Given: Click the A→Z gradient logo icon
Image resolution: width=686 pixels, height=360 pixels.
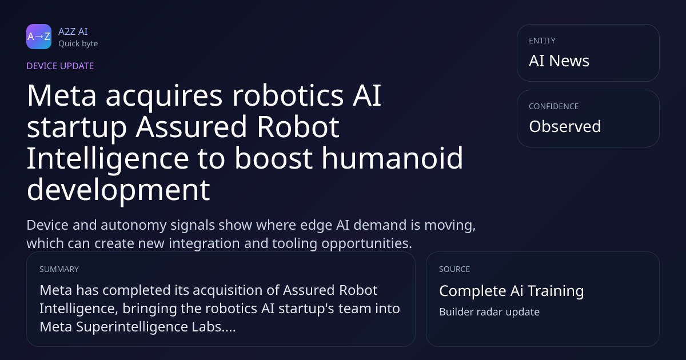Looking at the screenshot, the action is (x=39, y=37).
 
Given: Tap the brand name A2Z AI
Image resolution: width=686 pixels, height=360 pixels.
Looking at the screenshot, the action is (x=73, y=31).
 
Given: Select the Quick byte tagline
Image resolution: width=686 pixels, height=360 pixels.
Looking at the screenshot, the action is (x=78, y=44).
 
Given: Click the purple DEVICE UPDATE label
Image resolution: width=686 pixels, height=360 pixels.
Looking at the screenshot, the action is (x=60, y=66).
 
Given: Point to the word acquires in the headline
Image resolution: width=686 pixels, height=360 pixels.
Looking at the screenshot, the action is (x=164, y=96).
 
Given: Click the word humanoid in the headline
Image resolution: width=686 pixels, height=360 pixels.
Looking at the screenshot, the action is (x=392, y=158).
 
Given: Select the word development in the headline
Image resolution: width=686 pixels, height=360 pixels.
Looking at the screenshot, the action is (x=118, y=190).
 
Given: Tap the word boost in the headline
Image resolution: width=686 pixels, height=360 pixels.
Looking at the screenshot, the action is (x=273, y=158).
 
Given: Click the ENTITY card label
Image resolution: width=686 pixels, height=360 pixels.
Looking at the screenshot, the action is (x=542, y=41).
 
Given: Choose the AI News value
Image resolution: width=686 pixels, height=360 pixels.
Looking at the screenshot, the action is (x=559, y=61).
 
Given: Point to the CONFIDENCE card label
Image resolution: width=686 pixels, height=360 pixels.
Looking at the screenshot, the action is (x=554, y=106).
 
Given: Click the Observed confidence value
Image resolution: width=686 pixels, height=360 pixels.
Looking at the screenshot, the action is (x=565, y=126).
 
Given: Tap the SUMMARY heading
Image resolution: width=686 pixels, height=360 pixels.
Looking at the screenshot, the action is (x=59, y=269).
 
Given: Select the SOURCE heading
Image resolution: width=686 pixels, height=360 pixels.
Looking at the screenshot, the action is (x=454, y=269).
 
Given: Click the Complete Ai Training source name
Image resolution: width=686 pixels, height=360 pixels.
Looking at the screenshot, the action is (x=512, y=291).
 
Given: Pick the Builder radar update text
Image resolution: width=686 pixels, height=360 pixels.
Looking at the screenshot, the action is (x=489, y=312).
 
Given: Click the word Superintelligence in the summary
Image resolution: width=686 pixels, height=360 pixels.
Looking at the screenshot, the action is (x=132, y=327).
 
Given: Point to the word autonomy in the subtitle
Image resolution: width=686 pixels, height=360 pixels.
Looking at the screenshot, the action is (x=134, y=225).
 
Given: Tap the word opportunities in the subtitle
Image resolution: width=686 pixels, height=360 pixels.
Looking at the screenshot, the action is (x=366, y=243).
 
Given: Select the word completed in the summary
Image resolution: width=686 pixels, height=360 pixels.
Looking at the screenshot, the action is (x=136, y=290).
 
